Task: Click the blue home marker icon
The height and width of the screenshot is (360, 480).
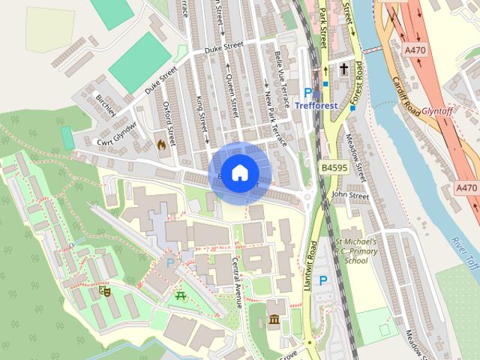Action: [x=238, y=173]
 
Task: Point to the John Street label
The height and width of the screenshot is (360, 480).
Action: [x=350, y=195]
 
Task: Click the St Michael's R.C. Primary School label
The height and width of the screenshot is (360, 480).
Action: [x=361, y=251]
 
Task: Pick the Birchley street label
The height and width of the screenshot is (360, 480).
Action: [x=106, y=105]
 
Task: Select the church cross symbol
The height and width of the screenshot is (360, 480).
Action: [x=343, y=70]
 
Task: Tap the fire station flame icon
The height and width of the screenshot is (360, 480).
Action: [x=161, y=143]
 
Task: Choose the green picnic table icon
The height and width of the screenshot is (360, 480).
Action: [x=181, y=295]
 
